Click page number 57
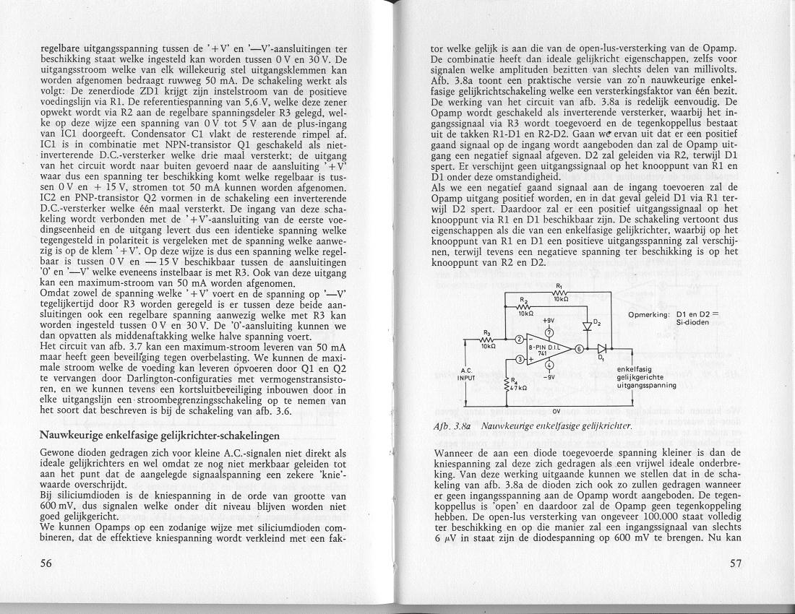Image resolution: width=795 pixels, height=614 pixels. (x=736, y=563)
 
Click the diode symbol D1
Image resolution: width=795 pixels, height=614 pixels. (x=602, y=349)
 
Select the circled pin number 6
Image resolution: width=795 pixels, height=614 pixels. (x=579, y=349)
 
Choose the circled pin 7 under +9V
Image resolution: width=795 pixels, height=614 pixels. (x=549, y=332)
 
